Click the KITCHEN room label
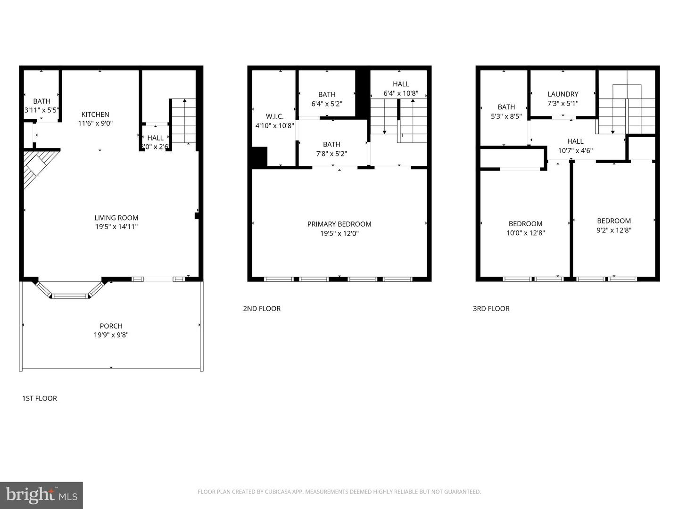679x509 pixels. tap(95, 115)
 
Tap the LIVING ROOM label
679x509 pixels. tap(116, 218)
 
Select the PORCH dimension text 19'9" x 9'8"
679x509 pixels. tap(111, 335)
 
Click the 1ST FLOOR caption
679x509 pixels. tap(40, 398)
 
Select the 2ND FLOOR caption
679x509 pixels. tap(262, 309)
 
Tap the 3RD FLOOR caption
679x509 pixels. tap(491, 309)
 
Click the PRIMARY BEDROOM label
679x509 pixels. tap(339, 224)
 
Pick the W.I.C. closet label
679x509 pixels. tap(274, 116)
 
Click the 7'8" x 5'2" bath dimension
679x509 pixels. tap(331, 154)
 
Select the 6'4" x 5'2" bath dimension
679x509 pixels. tap(327, 104)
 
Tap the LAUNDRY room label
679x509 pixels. tap(563, 94)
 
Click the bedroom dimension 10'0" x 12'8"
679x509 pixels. tap(525, 233)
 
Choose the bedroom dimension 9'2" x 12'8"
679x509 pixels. tap(613, 230)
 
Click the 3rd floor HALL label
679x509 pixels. tap(575, 141)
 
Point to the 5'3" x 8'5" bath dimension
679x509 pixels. tap(506, 116)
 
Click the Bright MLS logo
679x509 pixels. tap(41, 495)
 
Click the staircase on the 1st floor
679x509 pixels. tap(183, 121)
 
